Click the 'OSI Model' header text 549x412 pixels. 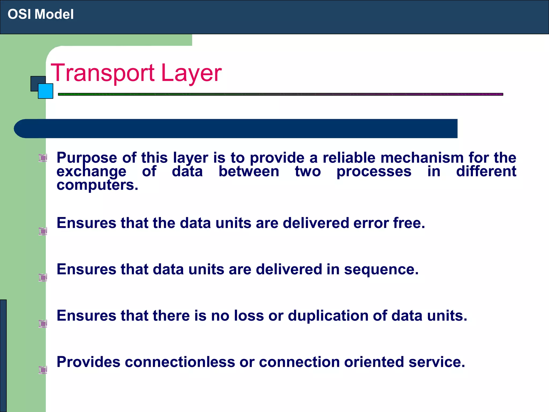click(x=40, y=14)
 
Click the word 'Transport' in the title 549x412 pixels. click(x=102, y=73)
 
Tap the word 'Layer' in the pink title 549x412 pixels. click(x=191, y=73)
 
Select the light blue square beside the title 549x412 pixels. click(x=46, y=91)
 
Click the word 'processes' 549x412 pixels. click(x=374, y=171)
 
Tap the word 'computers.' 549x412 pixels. click(x=97, y=185)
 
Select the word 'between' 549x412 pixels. click(x=249, y=171)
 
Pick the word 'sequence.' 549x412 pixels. click(x=381, y=269)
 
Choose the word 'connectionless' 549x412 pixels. click(x=180, y=362)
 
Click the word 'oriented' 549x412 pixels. click(x=374, y=362)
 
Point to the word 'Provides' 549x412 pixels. click(x=88, y=362)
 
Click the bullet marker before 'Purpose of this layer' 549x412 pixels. click(x=43, y=158)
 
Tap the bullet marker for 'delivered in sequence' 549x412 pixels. click(x=43, y=277)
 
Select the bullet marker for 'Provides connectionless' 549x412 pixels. click(x=43, y=370)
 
